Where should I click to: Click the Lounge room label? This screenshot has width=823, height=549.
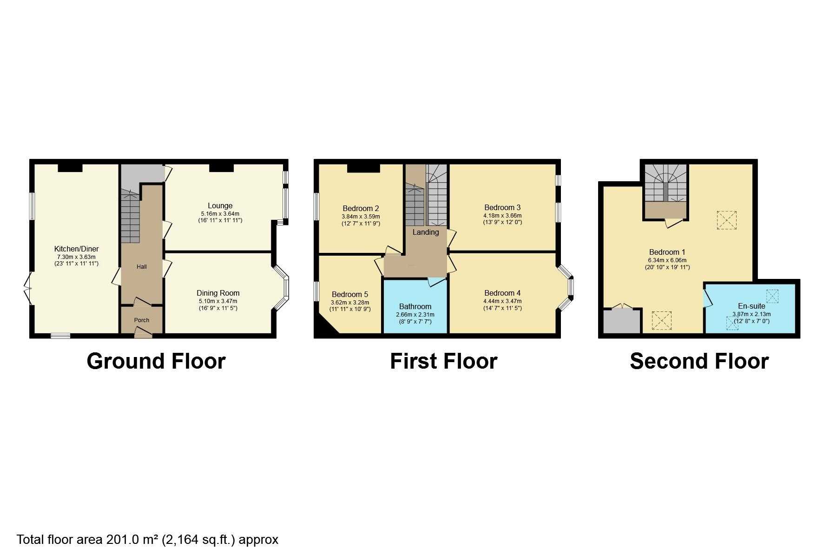(220, 205)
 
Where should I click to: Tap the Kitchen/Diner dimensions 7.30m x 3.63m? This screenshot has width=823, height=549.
(76, 257)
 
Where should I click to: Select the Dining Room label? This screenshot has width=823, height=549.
(218, 293)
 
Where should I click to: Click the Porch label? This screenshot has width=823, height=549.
(142, 320)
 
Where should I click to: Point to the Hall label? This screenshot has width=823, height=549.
(142, 266)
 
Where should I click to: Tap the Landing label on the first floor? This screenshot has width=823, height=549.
(426, 232)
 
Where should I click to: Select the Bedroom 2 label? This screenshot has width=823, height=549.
(361, 208)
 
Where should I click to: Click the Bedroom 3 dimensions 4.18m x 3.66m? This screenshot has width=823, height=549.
(502, 216)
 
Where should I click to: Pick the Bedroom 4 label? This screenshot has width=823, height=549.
(502, 293)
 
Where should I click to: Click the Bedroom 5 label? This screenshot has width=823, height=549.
(350, 294)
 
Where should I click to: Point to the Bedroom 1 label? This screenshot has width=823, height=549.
(667, 252)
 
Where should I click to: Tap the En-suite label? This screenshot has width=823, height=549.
(751, 306)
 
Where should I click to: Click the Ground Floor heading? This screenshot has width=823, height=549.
(156, 361)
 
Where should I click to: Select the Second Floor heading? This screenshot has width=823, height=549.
(699, 361)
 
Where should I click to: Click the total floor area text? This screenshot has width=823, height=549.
(147, 540)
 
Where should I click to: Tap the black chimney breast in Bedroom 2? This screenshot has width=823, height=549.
(363, 168)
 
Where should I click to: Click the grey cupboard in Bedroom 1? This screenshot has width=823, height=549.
(621, 321)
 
